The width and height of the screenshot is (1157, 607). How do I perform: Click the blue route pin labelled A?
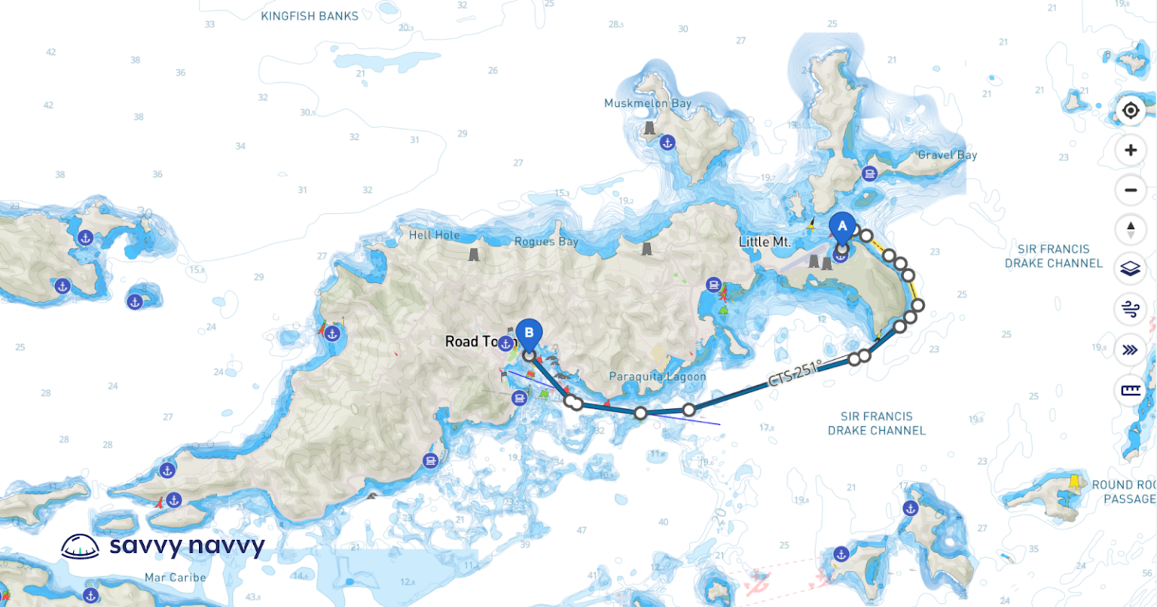842,227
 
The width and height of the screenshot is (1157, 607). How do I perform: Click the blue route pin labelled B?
529,333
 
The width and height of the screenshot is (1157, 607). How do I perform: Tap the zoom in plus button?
1130,151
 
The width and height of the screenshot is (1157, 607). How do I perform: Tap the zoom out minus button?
1130,190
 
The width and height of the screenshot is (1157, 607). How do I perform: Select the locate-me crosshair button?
1130,111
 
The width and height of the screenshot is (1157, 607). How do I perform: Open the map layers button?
1130,269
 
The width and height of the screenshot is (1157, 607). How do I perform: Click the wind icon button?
1130,309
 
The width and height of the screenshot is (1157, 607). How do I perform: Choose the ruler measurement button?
1130,390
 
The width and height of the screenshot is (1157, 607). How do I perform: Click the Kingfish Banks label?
310,16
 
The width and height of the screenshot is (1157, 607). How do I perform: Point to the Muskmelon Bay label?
648,103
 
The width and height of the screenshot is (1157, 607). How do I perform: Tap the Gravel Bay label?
947,155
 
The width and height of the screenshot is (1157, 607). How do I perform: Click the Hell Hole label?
434,235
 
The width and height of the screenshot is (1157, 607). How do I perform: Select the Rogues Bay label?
546,242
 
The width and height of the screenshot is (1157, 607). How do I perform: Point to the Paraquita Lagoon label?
657,377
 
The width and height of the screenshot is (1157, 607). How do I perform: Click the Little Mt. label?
765,242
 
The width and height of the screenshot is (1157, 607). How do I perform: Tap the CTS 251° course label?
795,374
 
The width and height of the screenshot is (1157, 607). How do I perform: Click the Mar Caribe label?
175,578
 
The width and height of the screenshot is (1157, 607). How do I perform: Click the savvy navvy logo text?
187,545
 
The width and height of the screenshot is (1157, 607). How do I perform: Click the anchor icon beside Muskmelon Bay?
667,142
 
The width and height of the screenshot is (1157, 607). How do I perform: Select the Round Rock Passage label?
1123,492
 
